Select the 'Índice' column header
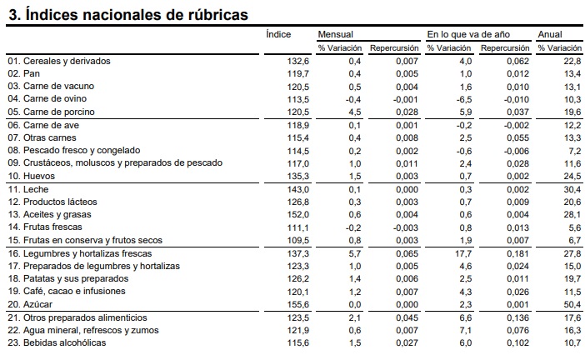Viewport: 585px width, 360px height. tap(278, 34)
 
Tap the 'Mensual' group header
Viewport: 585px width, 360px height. tap(335, 34)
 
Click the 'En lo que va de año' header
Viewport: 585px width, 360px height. tap(468, 34)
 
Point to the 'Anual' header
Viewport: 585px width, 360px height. tap(549, 34)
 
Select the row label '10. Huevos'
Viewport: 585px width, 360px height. tap(32, 176)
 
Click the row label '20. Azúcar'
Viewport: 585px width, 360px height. tap(30, 304)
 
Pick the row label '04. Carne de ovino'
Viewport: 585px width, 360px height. tap(47, 98)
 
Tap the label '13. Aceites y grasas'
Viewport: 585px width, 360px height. tap(49, 214)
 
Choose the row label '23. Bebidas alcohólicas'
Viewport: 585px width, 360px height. tap(57, 342)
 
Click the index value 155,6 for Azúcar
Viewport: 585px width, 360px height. tap(298, 304)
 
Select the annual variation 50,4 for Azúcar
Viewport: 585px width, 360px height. tap(572, 304)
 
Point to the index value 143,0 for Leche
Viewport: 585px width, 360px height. tap(298, 189)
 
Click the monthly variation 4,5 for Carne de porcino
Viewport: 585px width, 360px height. tap(354, 112)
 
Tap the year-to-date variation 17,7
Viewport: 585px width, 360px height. tap(463, 253)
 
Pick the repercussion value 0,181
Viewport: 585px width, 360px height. tap(517, 253)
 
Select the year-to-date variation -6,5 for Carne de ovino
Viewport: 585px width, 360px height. tap(463, 100)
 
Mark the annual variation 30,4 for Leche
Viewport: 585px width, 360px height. tap(572, 189)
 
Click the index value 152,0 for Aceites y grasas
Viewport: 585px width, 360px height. tap(298, 214)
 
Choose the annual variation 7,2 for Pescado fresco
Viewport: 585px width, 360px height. tap(575, 151)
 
